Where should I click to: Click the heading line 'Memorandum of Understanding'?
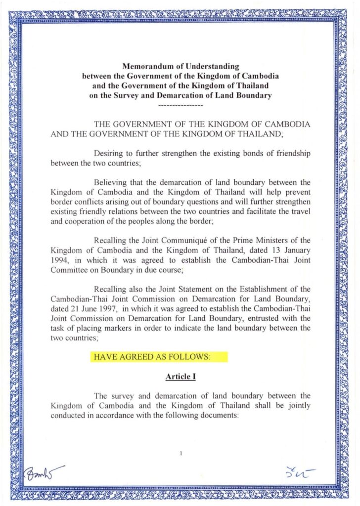click(180, 66)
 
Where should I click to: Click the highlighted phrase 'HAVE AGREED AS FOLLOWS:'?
click(159, 357)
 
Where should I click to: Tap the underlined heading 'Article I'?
click(180, 377)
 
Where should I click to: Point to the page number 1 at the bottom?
click(181, 452)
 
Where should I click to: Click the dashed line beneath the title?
click(180, 106)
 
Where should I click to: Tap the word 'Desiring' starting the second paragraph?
click(108, 154)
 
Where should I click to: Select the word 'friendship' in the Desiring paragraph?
click(291, 154)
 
